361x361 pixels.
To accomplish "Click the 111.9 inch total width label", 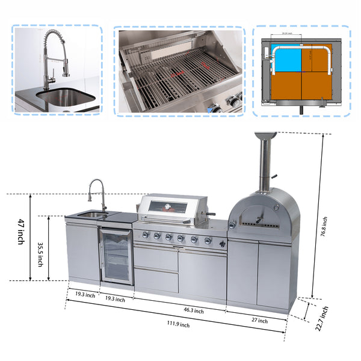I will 179,325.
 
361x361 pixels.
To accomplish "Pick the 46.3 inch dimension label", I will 194,311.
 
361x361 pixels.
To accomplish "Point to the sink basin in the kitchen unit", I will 92,214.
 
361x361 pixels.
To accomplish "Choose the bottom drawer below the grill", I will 156,281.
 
